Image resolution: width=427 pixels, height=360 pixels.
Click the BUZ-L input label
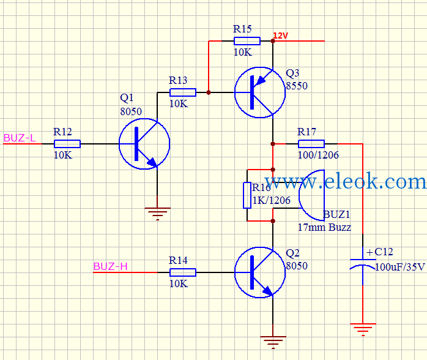pyautogui.click(x=20, y=138)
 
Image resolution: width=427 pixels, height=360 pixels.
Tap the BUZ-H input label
pyautogui.click(x=110, y=266)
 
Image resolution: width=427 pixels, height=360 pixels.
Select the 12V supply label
pyautogui.click(x=281, y=36)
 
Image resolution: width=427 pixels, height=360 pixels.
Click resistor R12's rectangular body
pyautogui.click(x=67, y=144)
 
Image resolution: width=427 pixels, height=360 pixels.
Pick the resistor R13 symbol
pyautogui.click(x=183, y=92)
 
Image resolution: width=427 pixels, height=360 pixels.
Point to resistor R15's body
pyautogui.click(x=247, y=41)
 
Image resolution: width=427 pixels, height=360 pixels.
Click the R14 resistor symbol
pyautogui.click(x=183, y=272)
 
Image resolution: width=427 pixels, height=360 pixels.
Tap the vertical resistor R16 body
pyautogui.click(x=247, y=195)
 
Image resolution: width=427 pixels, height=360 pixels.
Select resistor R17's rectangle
pyautogui.click(x=311, y=144)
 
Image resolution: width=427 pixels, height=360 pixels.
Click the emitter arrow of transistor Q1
pyautogui.click(x=152, y=162)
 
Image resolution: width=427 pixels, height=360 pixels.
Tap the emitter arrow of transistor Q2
pyautogui.click(x=267, y=291)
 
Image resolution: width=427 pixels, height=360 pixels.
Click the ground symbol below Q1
pyautogui.click(x=157, y=214)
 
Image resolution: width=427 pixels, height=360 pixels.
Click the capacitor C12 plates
pyautogui.click(x=363, y=263)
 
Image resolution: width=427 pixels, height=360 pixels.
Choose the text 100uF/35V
pyautogui.click(x=399, y=267)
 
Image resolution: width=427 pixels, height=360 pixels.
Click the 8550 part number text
pyautogui.click(x=297, y=86)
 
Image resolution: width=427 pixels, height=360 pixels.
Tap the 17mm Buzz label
pyautogui.click(x=324, y=227)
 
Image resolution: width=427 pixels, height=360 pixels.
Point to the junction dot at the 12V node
pyautogui.click(x=273, y=41)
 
